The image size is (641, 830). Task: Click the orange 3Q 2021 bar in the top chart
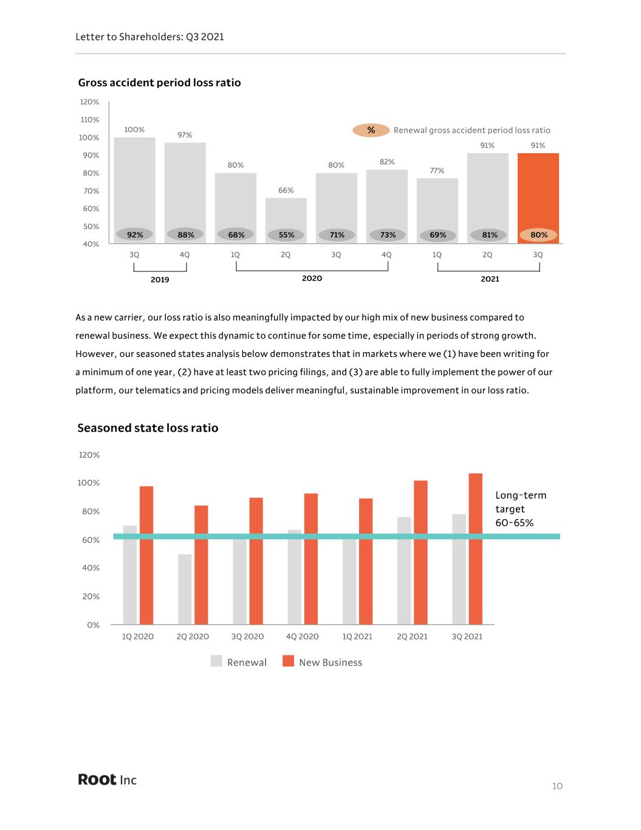538,198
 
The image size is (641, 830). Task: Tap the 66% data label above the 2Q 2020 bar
286,190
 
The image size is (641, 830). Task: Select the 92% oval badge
135,235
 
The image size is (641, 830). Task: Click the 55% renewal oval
286,235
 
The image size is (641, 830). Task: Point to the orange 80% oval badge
538,235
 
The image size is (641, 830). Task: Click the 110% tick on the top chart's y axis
90,120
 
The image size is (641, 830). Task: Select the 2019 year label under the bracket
160,280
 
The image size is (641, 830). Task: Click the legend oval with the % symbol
371,130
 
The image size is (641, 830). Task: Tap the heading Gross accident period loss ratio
159,83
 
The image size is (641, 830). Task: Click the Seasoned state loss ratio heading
148,428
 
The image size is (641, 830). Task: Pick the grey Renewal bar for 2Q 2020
185,589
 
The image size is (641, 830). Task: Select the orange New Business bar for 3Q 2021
475,549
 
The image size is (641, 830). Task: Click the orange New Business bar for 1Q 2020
146,555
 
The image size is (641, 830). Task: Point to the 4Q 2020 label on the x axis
302,637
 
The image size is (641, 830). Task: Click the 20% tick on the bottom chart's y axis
91,597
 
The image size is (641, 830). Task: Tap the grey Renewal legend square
216,661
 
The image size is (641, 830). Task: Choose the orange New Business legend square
289,661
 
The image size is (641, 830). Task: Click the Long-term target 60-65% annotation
521,509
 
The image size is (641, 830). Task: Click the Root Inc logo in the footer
107,779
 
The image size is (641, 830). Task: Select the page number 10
557,786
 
